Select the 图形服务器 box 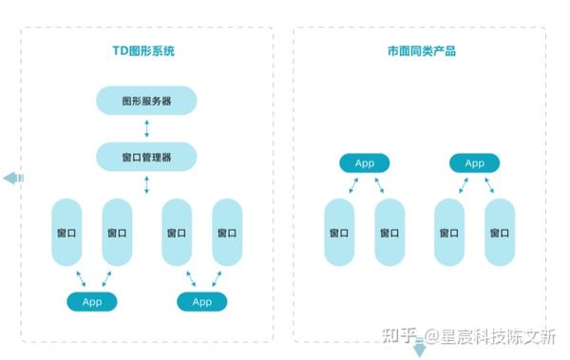[146, 101]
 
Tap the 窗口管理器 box [146, 157]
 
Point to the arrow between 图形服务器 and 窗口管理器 [146, 128]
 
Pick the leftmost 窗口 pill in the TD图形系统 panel [66, 232]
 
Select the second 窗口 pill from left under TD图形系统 [117, 232]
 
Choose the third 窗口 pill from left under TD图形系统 [176, 232]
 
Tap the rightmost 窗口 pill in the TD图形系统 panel [227, 232]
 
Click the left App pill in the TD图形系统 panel [91, 301]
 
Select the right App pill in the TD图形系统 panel [201, 301]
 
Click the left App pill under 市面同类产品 [364, 163]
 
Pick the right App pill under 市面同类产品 [474, 163]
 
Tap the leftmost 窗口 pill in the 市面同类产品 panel [339, 232]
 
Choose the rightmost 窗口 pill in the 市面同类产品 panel [500, 232]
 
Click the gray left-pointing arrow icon [13, 178]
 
